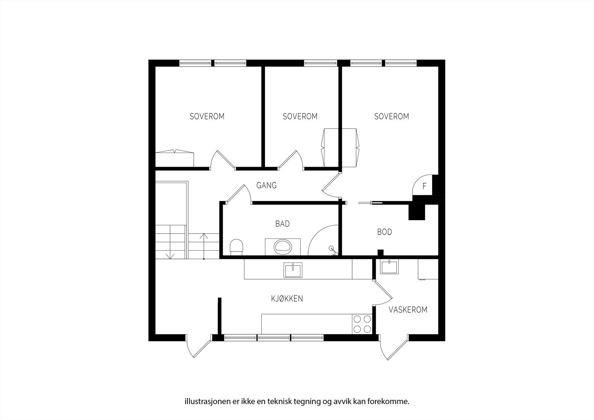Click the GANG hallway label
[x=266, y=185]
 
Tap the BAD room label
[x=282, y=224]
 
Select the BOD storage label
[x=385, y=232]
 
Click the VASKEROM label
[x=408, y=310]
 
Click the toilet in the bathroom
[x=236, y=247]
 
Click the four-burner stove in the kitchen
[x=362, y=324]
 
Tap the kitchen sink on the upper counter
[x=293, y=270]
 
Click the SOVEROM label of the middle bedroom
[x=300, y=117]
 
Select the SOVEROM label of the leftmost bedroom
[x=207, y=117]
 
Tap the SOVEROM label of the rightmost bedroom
[x=391, y=117]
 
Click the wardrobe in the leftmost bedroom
[x=174, y=159]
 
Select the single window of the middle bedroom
[x=320, y=63]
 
